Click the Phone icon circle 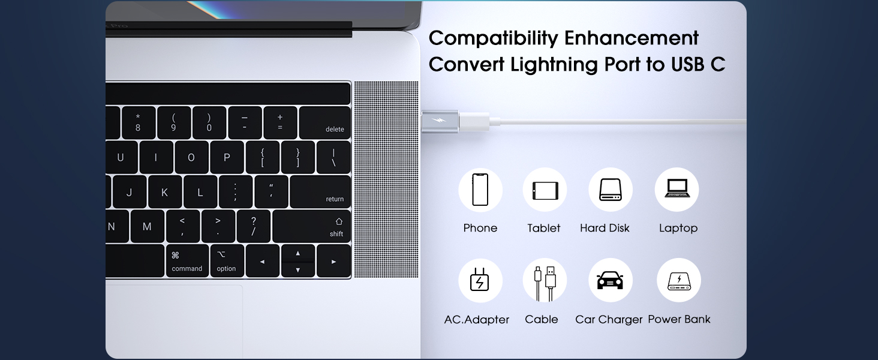[x=480, y=190]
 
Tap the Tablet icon [x=545, y=190]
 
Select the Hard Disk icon [x=611, y=190]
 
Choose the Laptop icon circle [x=676, y=190]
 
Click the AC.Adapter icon [x=480, y=280]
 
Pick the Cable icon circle [x=545, y=280]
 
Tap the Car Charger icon [x=611, y=280]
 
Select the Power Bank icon [x=679, y=280]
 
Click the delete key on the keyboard [x=324, y=123]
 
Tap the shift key [x=311, y=227]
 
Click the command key [x=187, y=261]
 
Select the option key [x=227, y=261]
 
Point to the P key [x=227, y=158]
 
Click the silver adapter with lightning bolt [x=440, y=122]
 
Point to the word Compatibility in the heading [x=494, y=38]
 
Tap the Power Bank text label [x=679, y=319]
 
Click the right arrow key [x=333, y=261]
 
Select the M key [x=147, y=227]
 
